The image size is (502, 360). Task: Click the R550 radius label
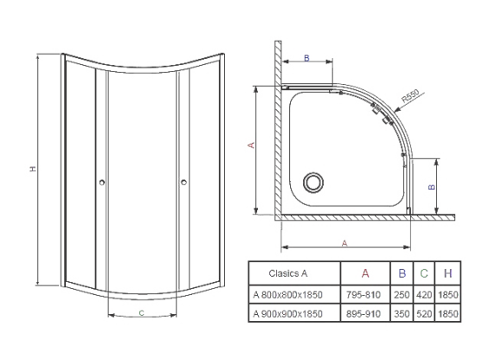pos(410,96)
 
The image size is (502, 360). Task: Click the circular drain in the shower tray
pos(313,183)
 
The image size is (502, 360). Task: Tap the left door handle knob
pos(102,183)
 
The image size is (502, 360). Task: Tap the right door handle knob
pos(183,182)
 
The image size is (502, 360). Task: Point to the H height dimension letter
pos(33,169)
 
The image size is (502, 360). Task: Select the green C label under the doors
pos(141,312)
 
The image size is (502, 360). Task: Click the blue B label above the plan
pos(306,58)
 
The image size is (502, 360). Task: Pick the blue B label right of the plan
pos(432,187)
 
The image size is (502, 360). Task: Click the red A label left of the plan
pos(252,145)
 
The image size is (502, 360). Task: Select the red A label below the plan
pos(344,243)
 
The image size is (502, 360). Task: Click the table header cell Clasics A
pos(288,273)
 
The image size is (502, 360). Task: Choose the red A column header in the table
pos(365,273)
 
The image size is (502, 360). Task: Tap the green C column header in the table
pos(424,273)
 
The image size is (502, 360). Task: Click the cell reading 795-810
pos(364,295)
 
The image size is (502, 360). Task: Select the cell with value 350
pos(402,314)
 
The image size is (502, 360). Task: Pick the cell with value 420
pos(424,295)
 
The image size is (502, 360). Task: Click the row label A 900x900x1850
pos(287,314)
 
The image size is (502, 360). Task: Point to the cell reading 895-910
pos(364,314)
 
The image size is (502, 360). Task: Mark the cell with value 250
pos(402,295)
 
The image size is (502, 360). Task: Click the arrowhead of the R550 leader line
pos(396,111)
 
